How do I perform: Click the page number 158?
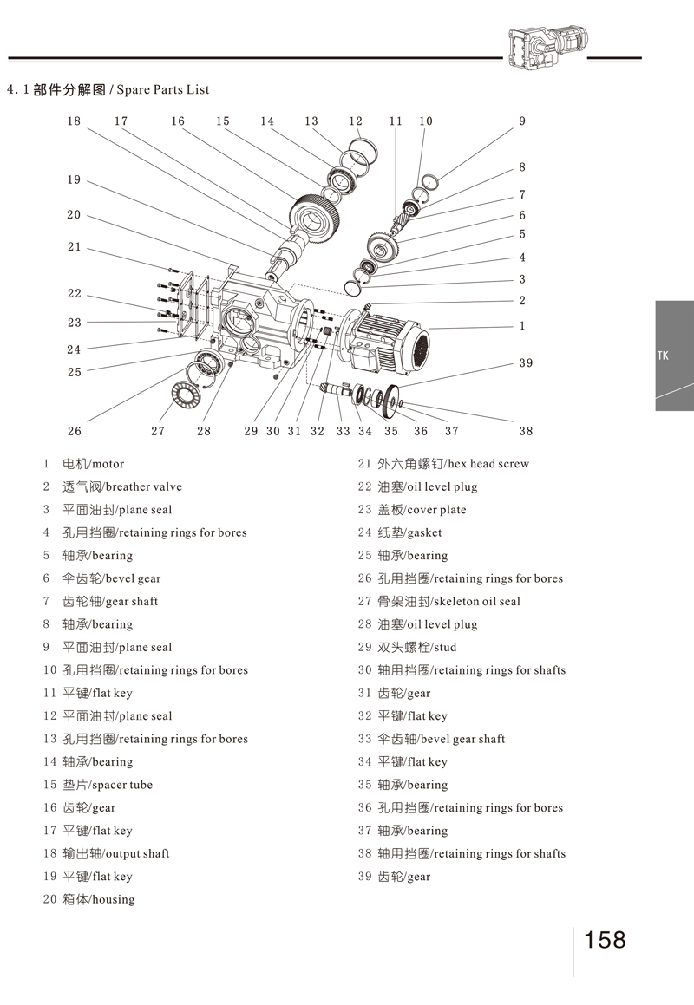[605, 940]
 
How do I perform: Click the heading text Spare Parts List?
[162, 89]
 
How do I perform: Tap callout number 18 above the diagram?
[74, 121]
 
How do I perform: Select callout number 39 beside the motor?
[526, 363]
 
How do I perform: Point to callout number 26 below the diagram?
[74, 431]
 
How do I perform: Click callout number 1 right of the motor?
[522, 326]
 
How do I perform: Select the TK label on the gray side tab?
[663, 355]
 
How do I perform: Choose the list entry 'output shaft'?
[116, 853]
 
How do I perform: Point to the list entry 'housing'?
[99, 899]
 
